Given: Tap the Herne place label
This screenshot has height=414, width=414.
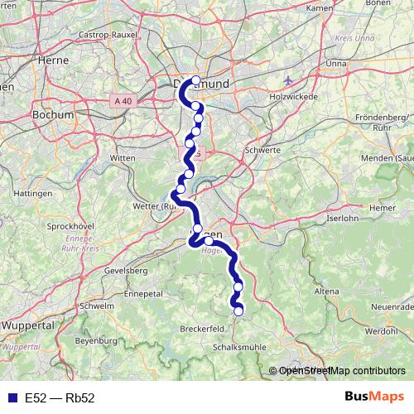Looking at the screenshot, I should coord(51,60).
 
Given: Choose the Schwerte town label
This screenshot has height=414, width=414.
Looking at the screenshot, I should coord(263,151).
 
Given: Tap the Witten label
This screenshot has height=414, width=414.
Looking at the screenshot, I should coord(122,156).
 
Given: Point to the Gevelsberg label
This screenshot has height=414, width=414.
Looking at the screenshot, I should coord(127,271).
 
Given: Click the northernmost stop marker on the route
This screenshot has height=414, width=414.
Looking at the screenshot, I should coord(195,81).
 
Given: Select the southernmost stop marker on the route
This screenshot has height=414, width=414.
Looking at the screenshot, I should coord(239,311).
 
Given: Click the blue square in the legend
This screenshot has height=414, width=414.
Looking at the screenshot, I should coord(11,397).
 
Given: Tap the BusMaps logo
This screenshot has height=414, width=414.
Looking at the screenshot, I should coord(373,397).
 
